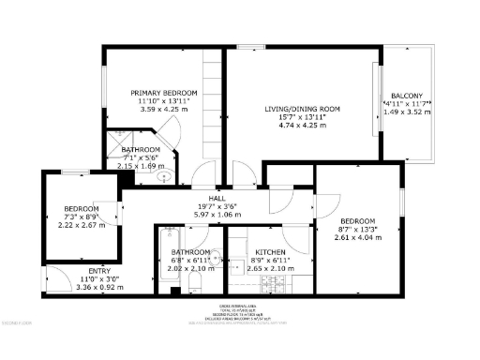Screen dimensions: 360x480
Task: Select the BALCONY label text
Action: coord(407,96)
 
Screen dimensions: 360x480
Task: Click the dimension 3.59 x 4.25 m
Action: coord(163,109)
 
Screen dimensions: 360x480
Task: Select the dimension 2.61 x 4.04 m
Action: coord(357,237)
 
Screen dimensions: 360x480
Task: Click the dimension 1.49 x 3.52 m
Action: coord(407,112)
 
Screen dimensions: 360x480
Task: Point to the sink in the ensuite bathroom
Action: coord(163,175)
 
